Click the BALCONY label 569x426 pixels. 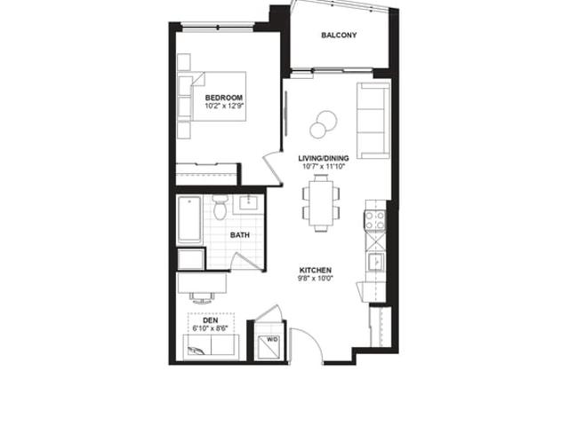coord(339,35)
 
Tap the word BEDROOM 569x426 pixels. coord(224,98)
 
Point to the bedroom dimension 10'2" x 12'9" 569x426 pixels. coord(224,106)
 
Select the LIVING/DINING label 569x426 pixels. coord(324,158)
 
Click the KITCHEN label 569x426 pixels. coord(316,270)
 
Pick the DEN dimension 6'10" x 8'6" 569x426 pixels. coord(211,328)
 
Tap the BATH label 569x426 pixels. coord(240,235)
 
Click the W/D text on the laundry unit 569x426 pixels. coord(272,339)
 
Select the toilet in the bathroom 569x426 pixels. coord(220,207)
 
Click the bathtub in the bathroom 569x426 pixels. coord(189,219)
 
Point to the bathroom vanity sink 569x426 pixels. coord(248,203)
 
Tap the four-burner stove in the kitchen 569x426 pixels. coord(375,220)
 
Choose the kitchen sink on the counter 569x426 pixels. coord(376,262)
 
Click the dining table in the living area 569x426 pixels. coord(322,203)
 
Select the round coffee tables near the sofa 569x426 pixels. coord(324,124)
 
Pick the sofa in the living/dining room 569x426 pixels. coord(373,121)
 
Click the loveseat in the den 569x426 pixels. coord(211,347)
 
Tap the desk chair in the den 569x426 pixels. coord(202,298)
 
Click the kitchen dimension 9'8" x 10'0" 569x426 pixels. coord(316,279)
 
